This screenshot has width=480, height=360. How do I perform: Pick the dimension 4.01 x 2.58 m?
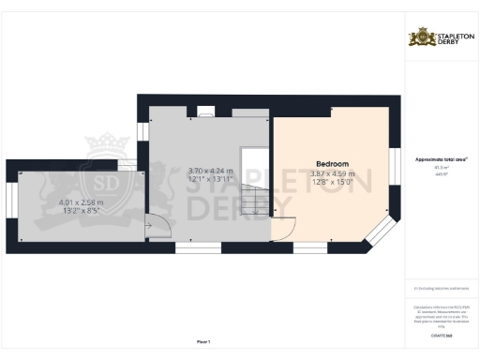pyautogui.click(x=81, y=202)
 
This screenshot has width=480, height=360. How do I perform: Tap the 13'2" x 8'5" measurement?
pyautogui.click(x=81, y=211)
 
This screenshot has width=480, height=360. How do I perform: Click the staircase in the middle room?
pyautogui.click(x=253, y=183)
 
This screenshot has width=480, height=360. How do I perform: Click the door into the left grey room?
pyautogui.click(x=156, y=225)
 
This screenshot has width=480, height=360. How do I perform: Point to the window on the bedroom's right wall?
pyautogui.click(x=393, y=169)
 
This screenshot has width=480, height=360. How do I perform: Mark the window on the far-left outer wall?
pyautogui.click(x=10, y=205)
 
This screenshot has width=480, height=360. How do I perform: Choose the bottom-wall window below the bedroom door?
pyautogui.click(x=309, y=248)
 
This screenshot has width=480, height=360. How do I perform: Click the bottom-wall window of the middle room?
pyautogui.click(x=199, y=248)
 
